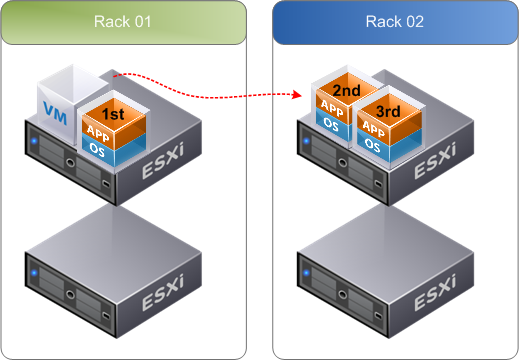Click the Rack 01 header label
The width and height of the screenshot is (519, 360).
(123, 21)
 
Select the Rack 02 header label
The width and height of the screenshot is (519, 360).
(395, 21)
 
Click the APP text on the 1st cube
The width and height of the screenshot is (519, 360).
(98, 130)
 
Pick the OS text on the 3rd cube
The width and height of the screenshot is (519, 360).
(371, 144)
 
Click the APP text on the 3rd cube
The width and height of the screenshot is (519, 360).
(371, 128)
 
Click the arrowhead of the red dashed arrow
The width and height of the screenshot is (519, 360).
(299, 96)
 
